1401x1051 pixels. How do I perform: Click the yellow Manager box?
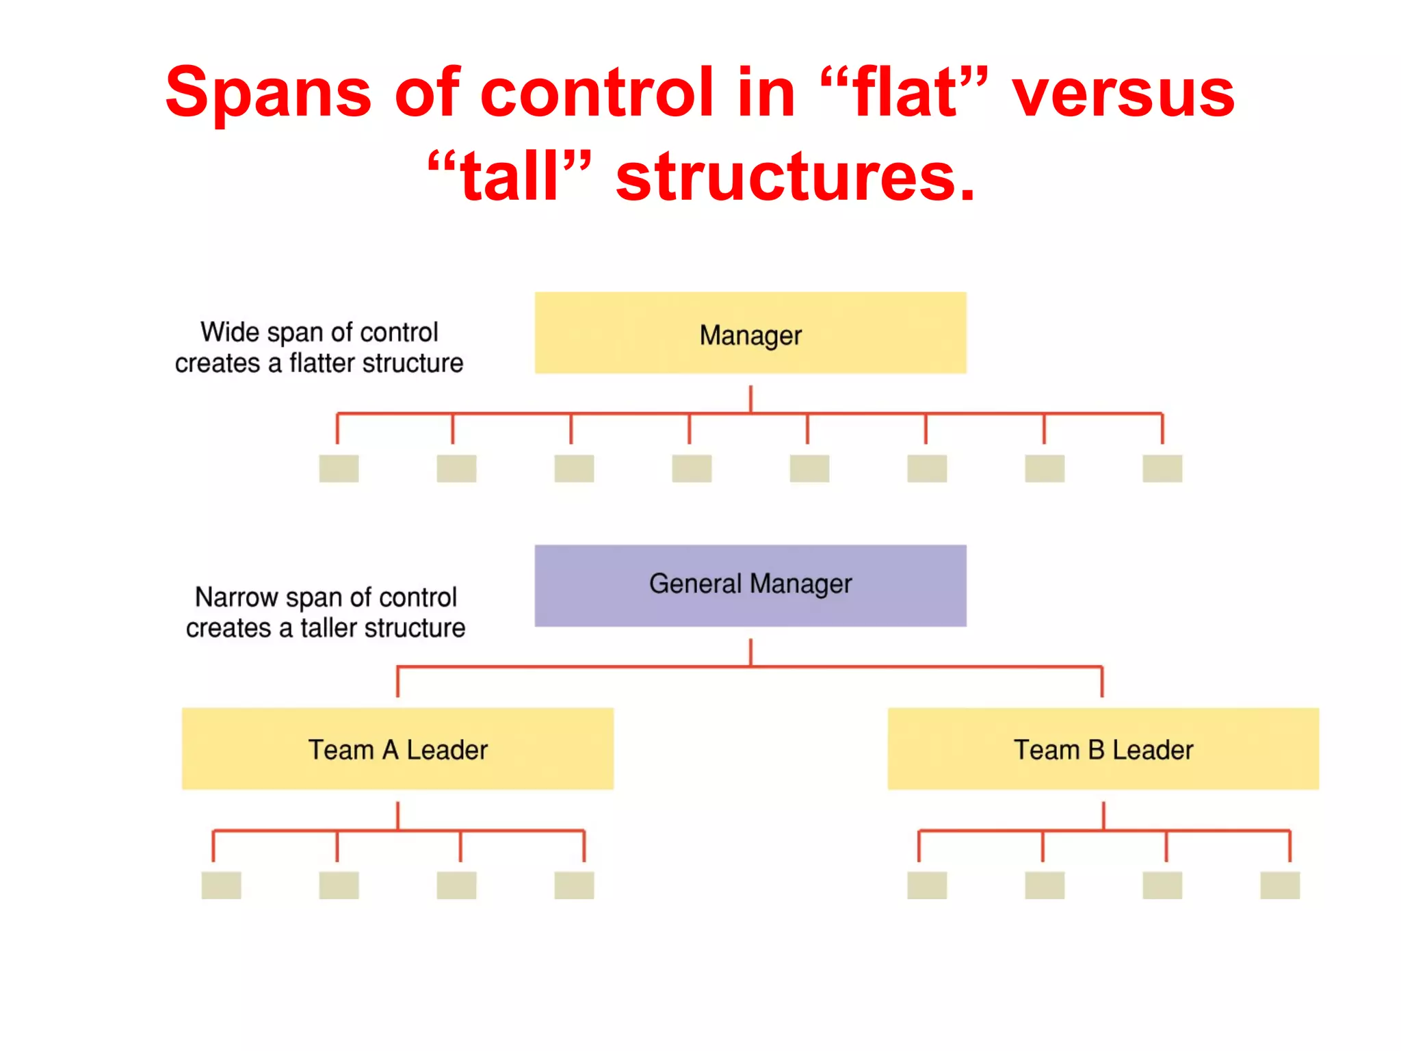point(750,333)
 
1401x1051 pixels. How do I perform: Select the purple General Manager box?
point(750,586)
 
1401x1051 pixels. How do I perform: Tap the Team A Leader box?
point(397,749)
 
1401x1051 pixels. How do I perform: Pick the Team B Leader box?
point(1103,749)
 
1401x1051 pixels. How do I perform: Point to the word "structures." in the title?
point(795,177)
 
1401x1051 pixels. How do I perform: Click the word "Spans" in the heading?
point(268,94)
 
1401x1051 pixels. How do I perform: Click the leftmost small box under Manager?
point(339,469)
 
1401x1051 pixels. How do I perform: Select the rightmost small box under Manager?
point(1162,469)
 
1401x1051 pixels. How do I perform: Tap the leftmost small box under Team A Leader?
point(221,885)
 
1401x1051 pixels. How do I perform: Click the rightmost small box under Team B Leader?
point(1280,885)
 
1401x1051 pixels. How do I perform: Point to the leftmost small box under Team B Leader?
point(927,885)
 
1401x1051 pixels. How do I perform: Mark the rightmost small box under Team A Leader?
point(574,885)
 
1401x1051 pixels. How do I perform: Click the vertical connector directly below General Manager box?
point(750,651)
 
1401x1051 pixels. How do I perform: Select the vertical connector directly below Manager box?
point(750,398)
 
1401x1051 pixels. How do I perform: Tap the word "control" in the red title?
point(597,94)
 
